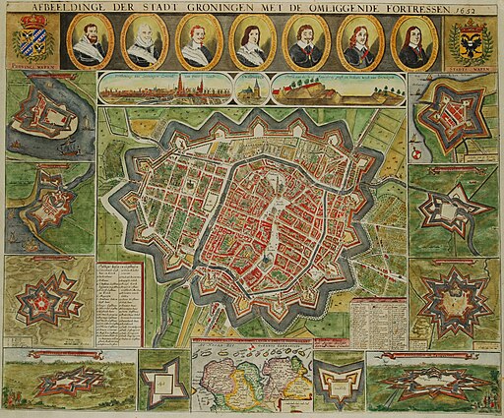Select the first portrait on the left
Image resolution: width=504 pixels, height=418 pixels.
90,40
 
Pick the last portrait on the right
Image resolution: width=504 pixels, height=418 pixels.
409,41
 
